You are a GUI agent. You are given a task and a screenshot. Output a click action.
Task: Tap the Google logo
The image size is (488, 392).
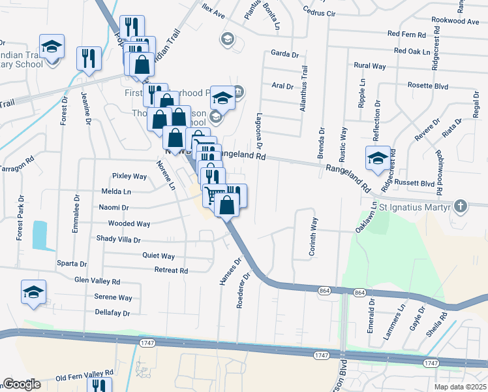tap(22, 384)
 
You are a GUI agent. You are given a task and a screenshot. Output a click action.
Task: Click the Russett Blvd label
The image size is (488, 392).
tap(416, 184)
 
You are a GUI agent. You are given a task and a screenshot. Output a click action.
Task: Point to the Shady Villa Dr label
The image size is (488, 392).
tap(119, 239)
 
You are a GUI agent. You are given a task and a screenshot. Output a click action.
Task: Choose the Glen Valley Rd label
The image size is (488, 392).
tap(97, 282)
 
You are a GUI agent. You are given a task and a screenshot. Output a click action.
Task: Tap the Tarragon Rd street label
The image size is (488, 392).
tap(19, 167)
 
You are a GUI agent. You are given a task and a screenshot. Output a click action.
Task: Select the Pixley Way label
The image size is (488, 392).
tap(129, 176)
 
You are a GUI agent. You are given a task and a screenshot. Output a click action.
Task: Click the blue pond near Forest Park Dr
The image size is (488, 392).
tap(39, 235)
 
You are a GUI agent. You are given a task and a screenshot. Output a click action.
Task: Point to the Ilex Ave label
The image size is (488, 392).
tap(213, 14)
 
